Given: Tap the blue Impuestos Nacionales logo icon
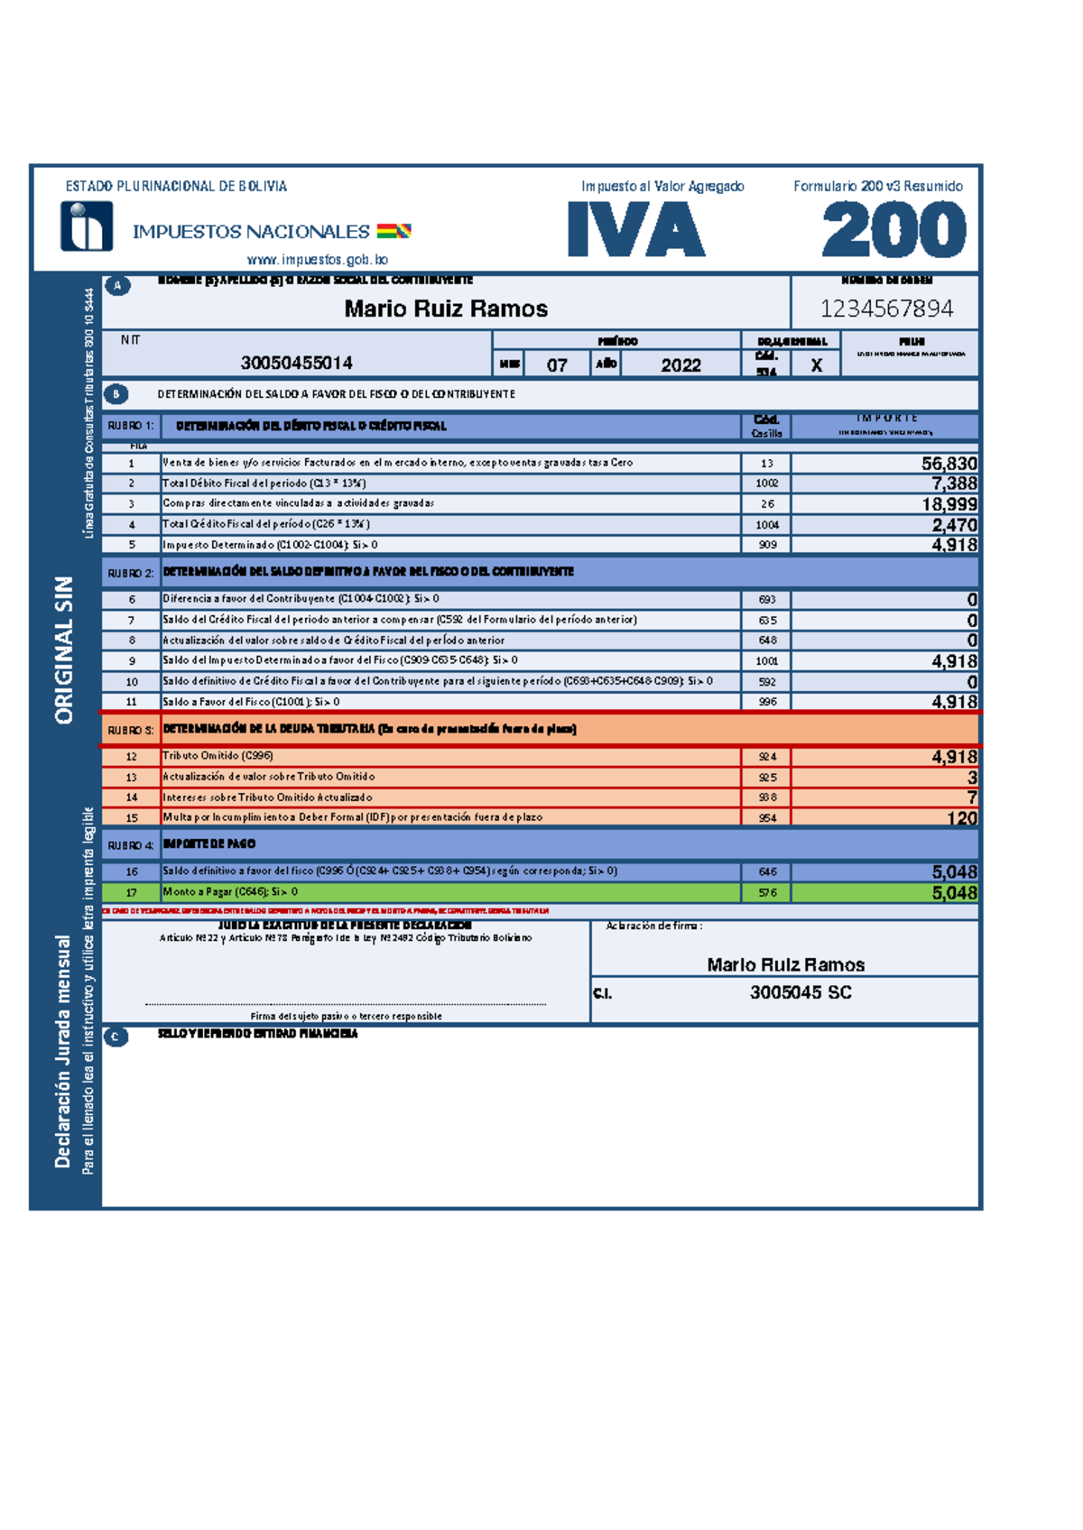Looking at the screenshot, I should point(87,226).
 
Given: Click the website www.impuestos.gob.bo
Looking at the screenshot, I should point(317,260).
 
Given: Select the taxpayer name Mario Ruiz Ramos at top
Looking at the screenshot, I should point(446,309).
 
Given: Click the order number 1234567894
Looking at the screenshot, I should point(886,309).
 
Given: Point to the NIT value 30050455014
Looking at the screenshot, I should point(296,363).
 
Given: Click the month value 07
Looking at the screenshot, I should point(557,364).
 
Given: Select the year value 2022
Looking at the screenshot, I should point(680,364).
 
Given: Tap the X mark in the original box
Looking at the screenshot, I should point(816,365).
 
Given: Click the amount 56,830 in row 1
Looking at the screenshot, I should point(949,463).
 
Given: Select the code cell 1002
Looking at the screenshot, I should point(766,484).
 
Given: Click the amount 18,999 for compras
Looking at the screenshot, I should point(949,504).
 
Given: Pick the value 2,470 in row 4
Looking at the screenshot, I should point(954,524).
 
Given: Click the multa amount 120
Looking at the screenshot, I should point(961,818).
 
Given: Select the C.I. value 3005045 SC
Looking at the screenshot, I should point(801,992).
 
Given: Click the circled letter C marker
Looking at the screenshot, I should point(116,1037).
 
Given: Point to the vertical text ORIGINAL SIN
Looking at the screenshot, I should point(64,650).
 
